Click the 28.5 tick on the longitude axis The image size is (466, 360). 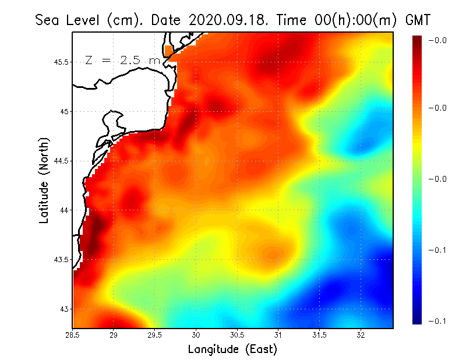(73, 335)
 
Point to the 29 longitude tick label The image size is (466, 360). (114, 335)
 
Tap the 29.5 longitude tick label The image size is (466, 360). (154, 335)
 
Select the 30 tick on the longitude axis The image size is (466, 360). (196, 335)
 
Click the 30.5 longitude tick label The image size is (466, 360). (237, 335)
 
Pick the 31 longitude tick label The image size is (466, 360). (278, 335)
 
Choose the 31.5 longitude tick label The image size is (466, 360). (319, 335)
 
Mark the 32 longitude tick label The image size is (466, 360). (361, 335)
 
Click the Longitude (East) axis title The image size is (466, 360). (232, 350)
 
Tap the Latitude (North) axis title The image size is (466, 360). (44, 181)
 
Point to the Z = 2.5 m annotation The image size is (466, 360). (122, 60)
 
